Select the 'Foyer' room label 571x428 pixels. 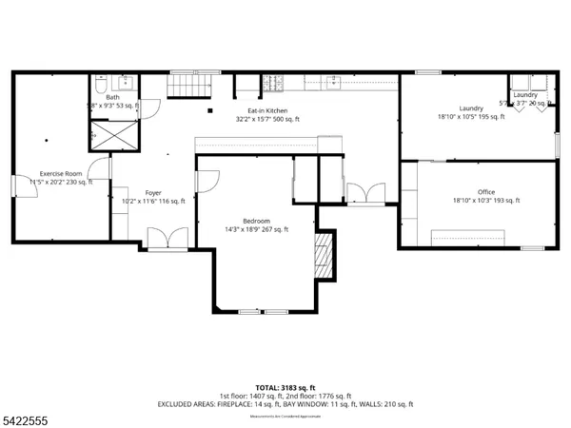(153, 192)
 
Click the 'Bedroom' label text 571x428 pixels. (256, 221)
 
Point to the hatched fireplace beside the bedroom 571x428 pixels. (325, 256)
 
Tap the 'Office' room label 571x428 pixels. (486, 192)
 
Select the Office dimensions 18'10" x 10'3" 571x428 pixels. (486, 201)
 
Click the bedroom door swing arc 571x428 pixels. (209, 179)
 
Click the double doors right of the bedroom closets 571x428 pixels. (365, 194)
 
